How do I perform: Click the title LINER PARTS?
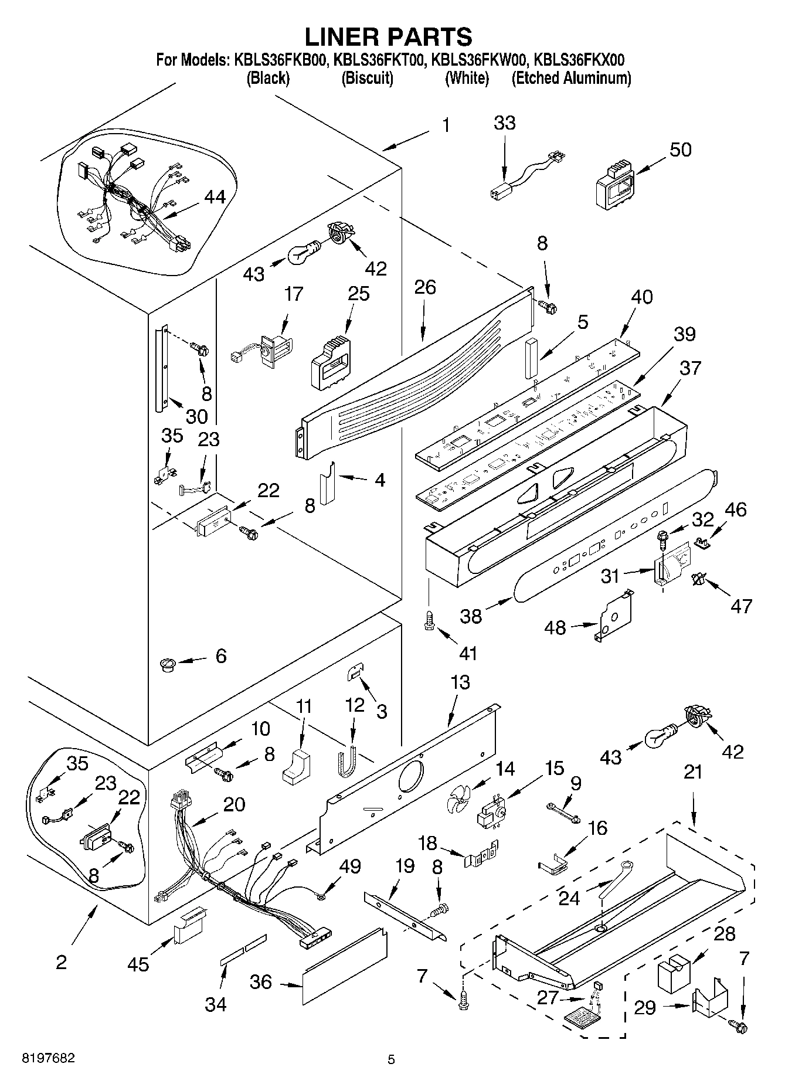pyautogui.click(x=388, y=37)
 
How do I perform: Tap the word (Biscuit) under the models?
pyautogui.click(x=367, y=78)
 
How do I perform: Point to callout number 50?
pyautogui.click(x=680, y=149)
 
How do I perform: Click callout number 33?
pyautogui.click(x=504, y=123)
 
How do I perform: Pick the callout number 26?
pyautogui.click(x=426, y=287)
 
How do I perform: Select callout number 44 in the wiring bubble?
pyautogui.click(x=215, y=198)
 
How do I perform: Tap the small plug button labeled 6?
pyautogui.click(x=168, y=664)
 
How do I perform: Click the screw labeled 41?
pyautogui.click(x=429, y=618)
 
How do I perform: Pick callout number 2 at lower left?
pyautogui.click(x=62, y=962)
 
